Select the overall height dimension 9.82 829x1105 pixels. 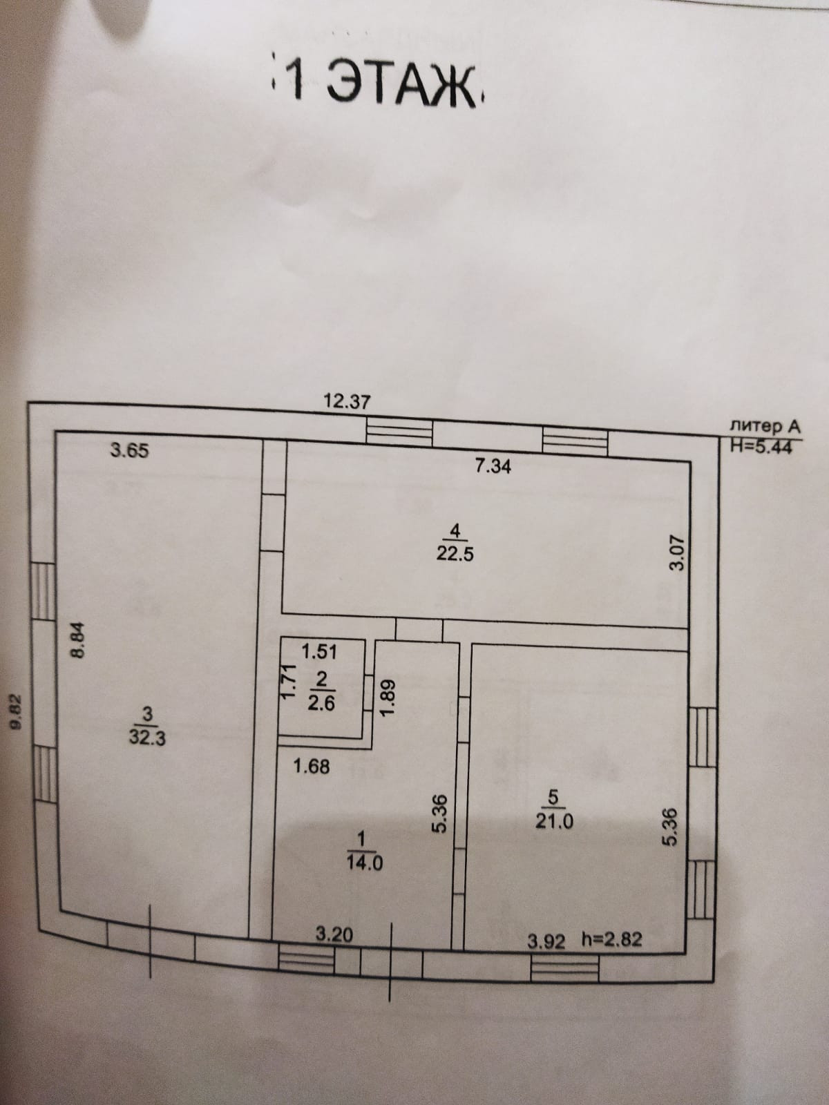(x=19, y=711)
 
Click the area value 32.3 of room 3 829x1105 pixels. (x=147, y=736)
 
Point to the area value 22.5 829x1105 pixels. (x=455, y=554)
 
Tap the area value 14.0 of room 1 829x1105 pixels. (x=363, y=862)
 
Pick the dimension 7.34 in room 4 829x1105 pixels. (x=493, y=467)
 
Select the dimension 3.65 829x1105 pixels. (x=129, y=451)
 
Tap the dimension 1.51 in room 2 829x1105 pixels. (x=320, y=651)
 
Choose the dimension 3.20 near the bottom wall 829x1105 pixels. (x=334, y=935)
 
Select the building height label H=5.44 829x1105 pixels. (x=764, y=446)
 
